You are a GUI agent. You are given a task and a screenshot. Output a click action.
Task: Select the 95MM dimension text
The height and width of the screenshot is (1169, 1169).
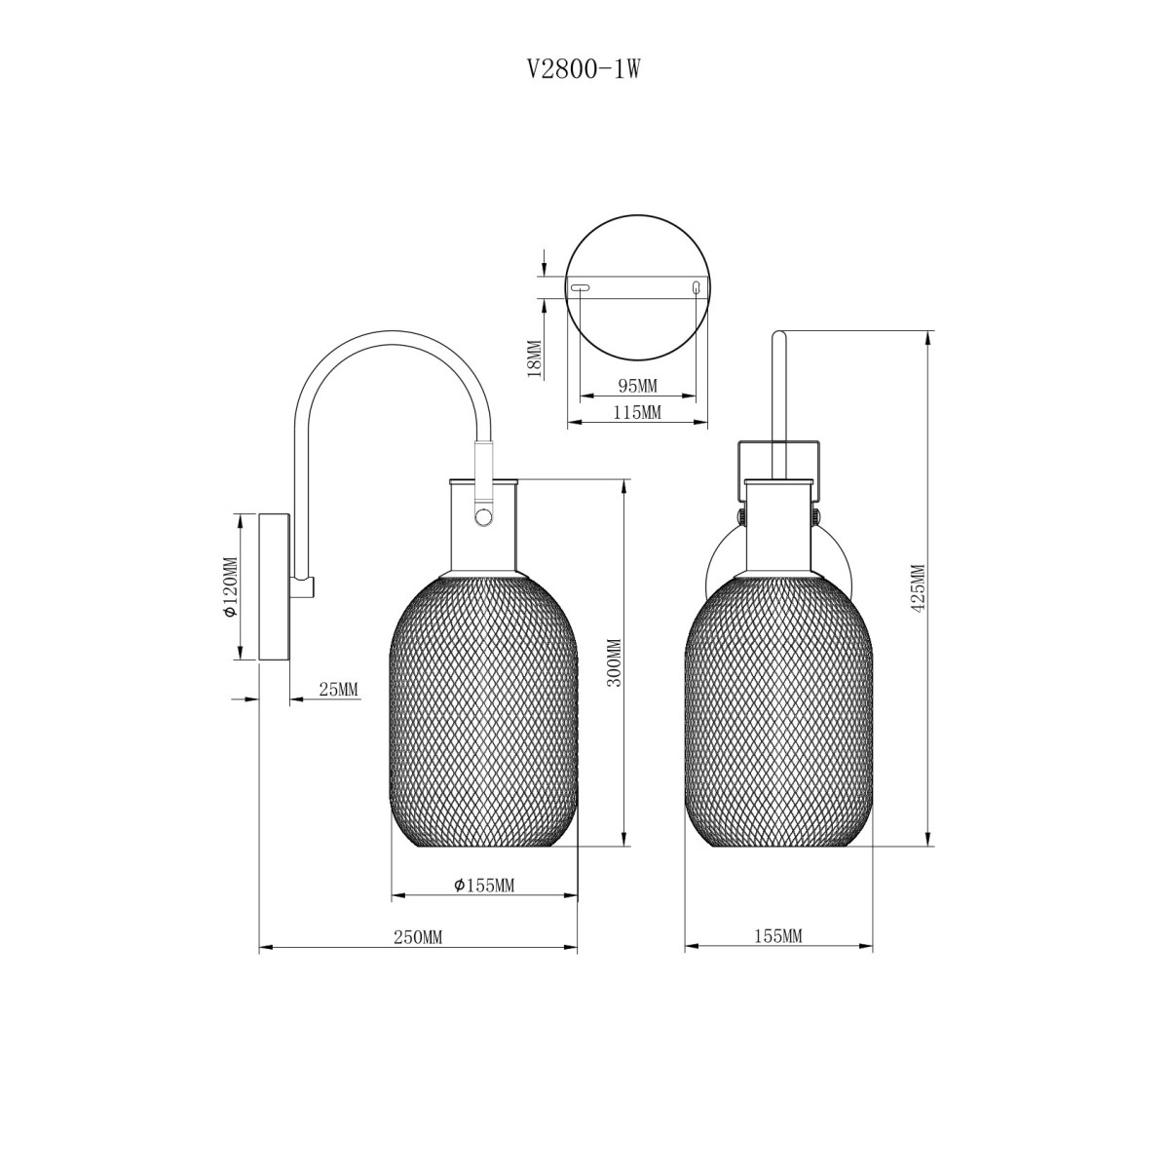tap(637, 385)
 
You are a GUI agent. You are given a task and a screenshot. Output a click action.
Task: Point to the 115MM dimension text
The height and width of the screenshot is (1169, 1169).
tap(637, 412)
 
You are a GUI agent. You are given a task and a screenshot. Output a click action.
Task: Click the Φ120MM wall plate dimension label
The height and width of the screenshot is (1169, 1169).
tap(230, 586)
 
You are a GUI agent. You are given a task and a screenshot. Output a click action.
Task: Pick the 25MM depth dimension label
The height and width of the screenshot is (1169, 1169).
tap(338, 689)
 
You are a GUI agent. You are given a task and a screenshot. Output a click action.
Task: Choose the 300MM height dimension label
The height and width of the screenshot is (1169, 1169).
tap(615, 662)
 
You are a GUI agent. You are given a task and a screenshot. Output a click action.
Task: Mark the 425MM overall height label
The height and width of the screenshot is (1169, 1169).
tap(919, 588)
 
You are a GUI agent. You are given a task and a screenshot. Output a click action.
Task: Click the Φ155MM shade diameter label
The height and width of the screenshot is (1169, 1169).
tap(484, 886)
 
